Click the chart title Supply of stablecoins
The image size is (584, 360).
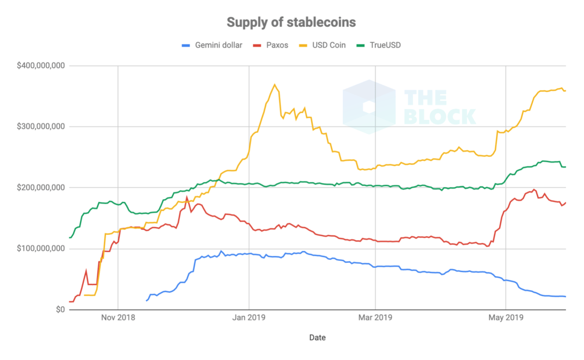coord(291,22)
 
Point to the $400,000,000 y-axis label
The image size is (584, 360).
coord(41,66)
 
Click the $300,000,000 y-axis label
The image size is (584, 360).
coord(41,127)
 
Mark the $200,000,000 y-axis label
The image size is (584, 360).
coord(41,188)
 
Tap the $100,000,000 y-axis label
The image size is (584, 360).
coord(41,249)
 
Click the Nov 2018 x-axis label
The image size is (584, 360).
coord(118,318)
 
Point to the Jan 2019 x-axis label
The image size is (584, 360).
coord(248,318)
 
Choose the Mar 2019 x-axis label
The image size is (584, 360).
coord(375,318)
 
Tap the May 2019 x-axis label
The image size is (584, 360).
coord(505,318)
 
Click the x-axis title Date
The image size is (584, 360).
coord(317,338)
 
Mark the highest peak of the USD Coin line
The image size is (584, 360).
coord(275,84)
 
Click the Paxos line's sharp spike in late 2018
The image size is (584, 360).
coord(187,197)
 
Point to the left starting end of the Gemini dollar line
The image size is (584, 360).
coord(147,301)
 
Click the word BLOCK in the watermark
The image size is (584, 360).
coord(440,116)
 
